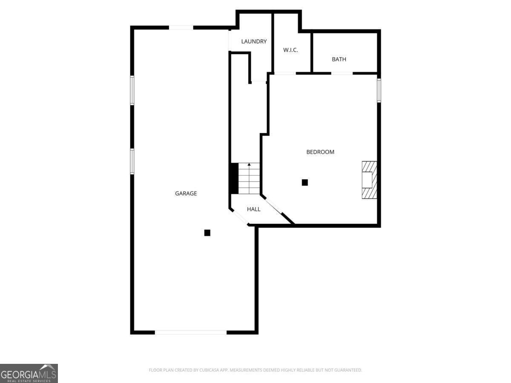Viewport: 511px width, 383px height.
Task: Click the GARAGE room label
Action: tap(186, 193)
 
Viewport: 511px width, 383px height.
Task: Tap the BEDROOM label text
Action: tap(320, 152)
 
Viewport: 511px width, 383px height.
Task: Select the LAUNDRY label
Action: tap(254, 41)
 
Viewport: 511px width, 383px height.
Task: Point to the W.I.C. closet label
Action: tap(291, 50)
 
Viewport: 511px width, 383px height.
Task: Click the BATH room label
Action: tap(339, 59)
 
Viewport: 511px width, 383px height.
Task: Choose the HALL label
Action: tap(254, 209)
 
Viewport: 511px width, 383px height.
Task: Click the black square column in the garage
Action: tap(207, 233)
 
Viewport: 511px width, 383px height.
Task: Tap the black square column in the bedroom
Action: tap(305, 183)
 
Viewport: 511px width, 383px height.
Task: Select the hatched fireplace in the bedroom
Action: tap(369, 180)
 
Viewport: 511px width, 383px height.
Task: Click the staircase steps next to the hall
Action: tap(249, 179)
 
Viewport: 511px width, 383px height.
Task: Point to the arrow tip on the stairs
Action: tap(249, 164)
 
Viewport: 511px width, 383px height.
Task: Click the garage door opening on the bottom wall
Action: tap(191, 332)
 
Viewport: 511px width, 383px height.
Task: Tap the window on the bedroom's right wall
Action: tap(379, 90)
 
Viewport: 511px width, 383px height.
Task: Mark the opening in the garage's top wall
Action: tap(181, 28)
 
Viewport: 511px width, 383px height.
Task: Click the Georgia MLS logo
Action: tap(29, 373)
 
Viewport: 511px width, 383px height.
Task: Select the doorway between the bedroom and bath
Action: tap(342, 73)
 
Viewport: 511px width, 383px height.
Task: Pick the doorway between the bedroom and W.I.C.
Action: tap(285, 73)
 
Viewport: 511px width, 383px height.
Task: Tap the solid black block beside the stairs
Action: tap(234, 178)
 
